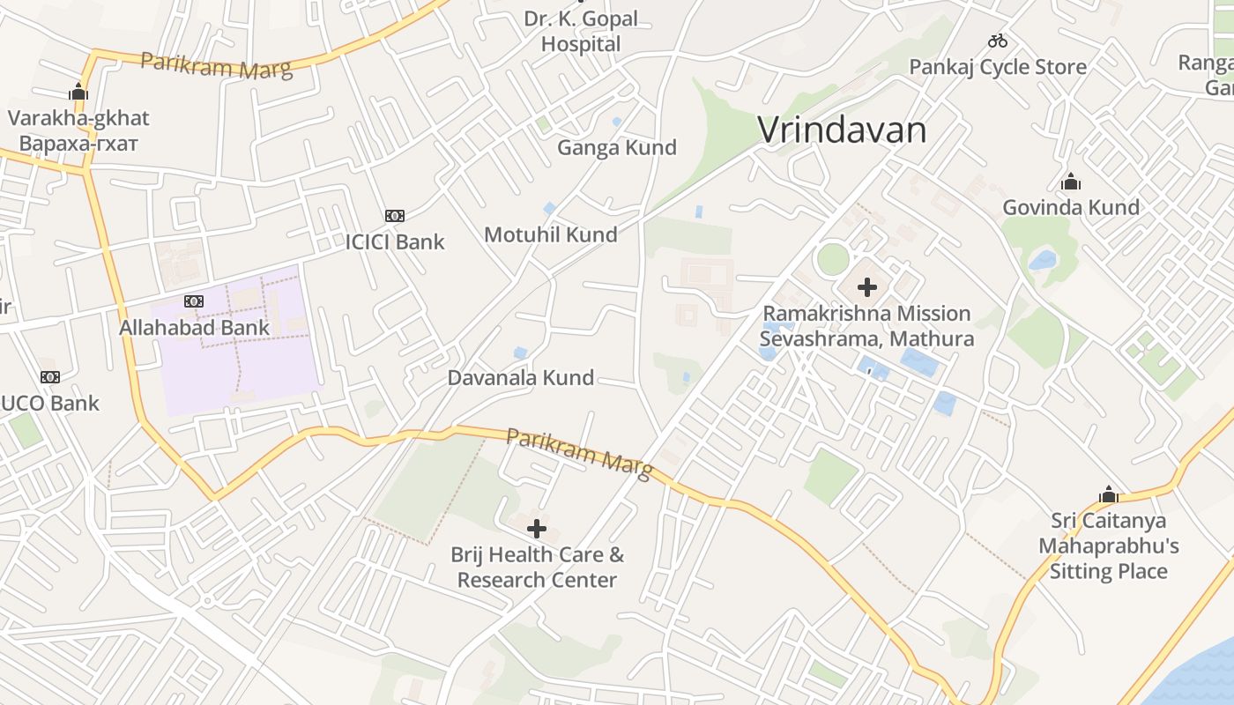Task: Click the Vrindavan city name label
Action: coord(842,130)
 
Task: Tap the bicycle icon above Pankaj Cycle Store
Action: coord(998,41)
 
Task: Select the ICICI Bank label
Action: coord(395,241)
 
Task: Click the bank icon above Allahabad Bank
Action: coord(194,301)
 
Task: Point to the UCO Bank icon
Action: coord(50,377)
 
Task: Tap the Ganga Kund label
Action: coord(616,147)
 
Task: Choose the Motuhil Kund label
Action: coord(550,234)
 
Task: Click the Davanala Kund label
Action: coord(520,378)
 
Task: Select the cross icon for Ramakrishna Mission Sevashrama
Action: coord(867,286)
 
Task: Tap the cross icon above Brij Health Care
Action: coord(537,529)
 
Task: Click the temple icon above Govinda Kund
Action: coord(1071,182)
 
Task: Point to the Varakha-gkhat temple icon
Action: coord(78,92)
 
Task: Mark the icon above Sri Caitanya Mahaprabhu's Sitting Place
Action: coord(1108,494)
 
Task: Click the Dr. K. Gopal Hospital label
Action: coord(581,31)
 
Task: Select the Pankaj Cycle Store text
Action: coord(997,67)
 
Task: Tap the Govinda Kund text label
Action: coord(1070,207)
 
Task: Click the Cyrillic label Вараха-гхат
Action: coord(78,143)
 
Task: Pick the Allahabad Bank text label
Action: coord(194,328)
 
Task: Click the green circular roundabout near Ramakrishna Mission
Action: coord(832,259)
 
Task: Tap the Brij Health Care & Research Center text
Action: coord(537,567)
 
